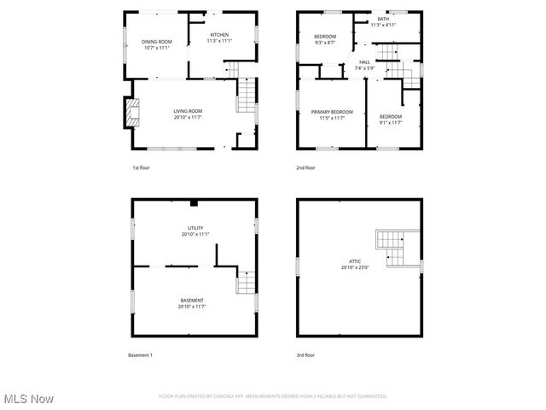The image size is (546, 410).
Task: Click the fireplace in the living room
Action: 131,112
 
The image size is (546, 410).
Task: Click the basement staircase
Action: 246,283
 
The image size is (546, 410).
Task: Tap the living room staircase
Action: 246,95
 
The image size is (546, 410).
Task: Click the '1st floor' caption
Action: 141,167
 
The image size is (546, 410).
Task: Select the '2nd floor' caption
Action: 305,167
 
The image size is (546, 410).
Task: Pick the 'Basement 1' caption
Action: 140,354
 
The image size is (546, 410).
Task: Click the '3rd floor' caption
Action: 305,354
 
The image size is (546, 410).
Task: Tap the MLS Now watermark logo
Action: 29,399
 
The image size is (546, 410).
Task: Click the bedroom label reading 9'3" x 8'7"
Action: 324,38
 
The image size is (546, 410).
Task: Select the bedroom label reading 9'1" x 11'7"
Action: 391,119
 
